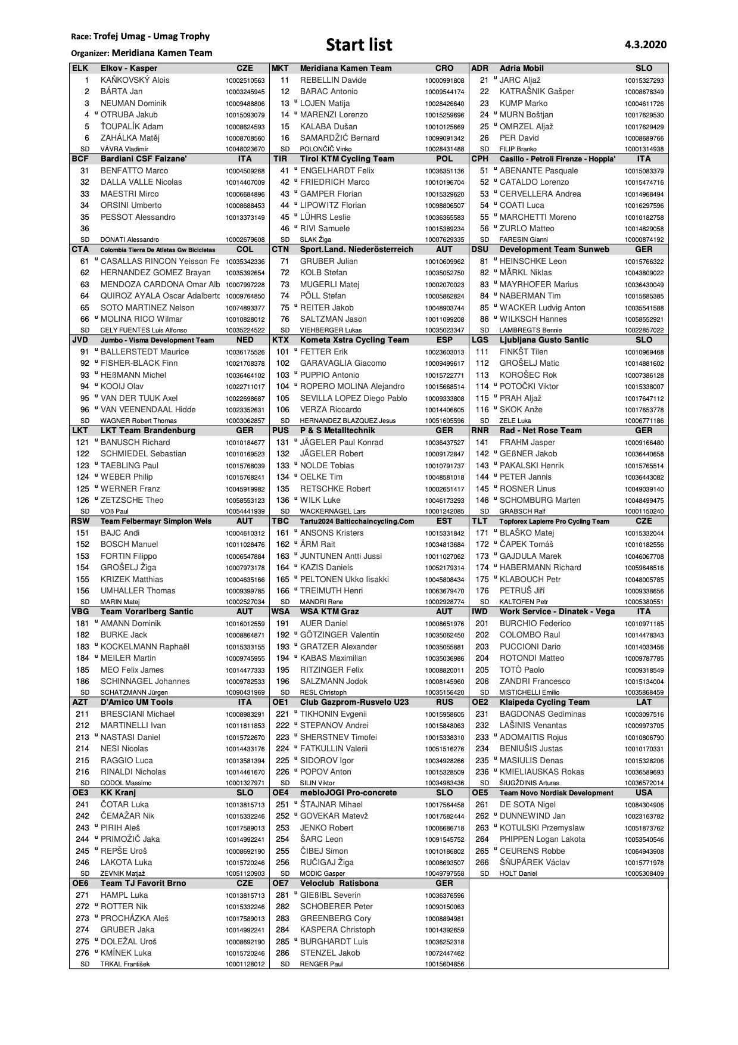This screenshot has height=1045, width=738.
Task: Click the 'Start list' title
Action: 359,45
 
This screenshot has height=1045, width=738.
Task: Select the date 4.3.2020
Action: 646,45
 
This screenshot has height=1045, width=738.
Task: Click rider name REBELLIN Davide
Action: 333,80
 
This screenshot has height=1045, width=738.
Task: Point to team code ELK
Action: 80,68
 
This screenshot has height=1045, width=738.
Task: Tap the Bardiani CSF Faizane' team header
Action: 144,158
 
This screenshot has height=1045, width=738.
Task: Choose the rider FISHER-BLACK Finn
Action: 139,363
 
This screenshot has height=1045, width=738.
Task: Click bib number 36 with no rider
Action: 85,228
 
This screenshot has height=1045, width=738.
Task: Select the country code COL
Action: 245,249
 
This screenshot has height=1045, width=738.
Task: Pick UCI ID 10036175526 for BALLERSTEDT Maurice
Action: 245,352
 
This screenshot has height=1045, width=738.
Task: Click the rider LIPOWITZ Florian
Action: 333,205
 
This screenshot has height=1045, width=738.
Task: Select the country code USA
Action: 644,792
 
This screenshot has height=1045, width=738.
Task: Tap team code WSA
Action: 281,611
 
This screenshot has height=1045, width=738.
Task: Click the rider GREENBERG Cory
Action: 335,918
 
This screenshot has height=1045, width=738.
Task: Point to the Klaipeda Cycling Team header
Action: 544,702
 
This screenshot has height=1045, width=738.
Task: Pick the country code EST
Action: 444,521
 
